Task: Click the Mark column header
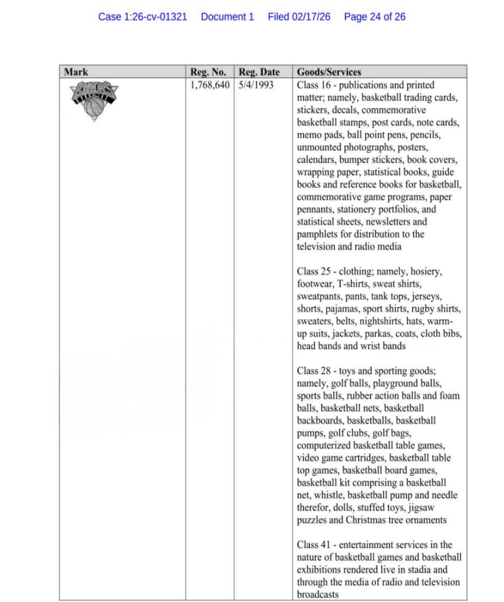point(76,72)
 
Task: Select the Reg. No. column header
point(208,72)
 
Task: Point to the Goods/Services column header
point(329,72)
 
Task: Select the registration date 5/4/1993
point(256,85)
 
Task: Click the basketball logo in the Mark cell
point(93,101)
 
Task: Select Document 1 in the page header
point(227,17)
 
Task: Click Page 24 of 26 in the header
point(375,17)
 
